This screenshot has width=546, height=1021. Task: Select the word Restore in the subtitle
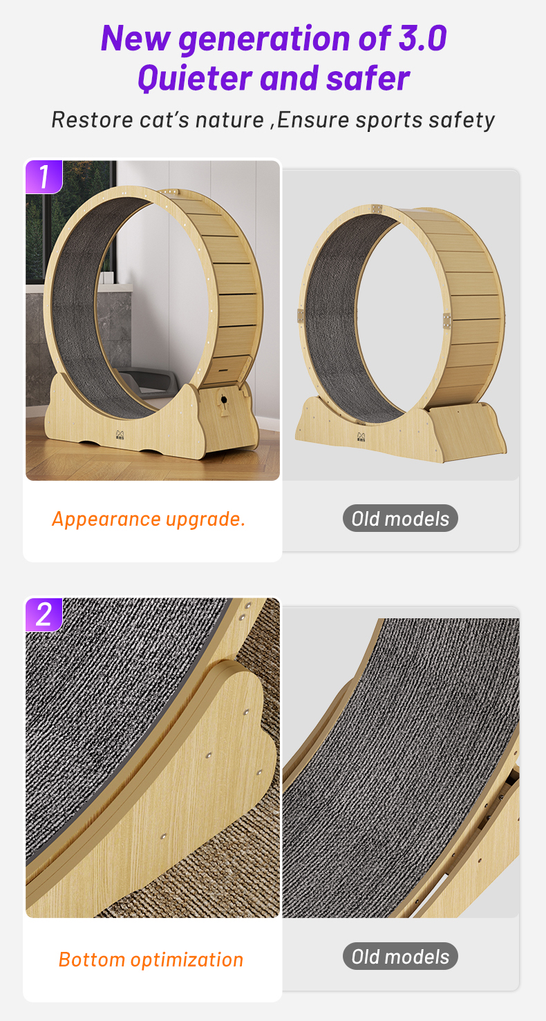pos(92,120)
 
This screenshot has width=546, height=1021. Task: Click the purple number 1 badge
pos(44,177)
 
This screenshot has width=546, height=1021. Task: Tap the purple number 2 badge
pos(44,614)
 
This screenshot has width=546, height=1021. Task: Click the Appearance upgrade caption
pos(149,519)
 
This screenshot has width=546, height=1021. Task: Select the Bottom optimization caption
pos(151,960)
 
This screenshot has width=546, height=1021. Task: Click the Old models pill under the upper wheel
pos(400,518)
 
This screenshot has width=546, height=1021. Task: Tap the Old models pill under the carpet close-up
pos(400,956)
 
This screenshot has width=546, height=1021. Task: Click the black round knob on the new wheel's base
pos(224,401)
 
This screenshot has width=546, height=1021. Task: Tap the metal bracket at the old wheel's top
pos(376,209)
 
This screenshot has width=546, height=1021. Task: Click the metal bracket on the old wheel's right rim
pos(446,319)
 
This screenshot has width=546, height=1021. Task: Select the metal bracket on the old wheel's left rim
pos(300,316)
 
